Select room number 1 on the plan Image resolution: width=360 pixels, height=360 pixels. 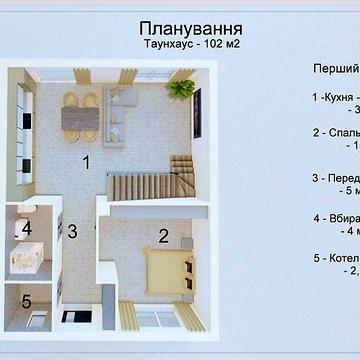click(87, 161)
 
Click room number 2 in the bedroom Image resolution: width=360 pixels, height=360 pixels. click(161, 237)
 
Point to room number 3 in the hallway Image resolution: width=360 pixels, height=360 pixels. click(72, 231)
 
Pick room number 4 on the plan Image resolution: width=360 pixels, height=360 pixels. click(27, 227)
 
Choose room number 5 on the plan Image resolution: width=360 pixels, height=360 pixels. click(27, 298)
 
